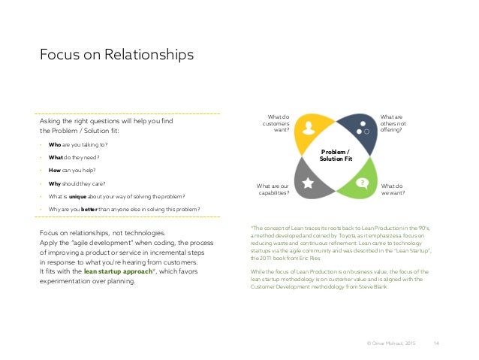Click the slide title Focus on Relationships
click(116, 55)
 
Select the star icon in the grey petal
click(309, 183)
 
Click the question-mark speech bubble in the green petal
click(362, 183)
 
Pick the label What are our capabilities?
click(273, 188)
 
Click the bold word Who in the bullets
click(55, 144)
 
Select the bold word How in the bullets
click(55, 170)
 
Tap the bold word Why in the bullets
click(55, 183)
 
